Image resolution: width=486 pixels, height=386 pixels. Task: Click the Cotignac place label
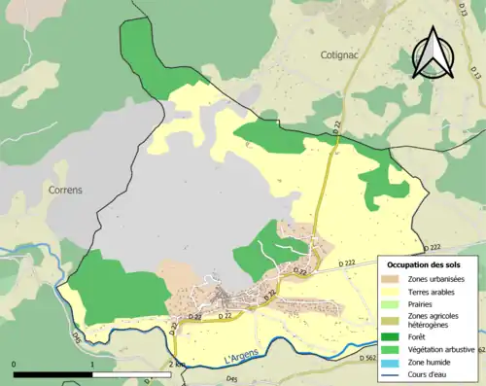tap(340, 55)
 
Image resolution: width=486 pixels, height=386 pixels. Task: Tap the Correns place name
tap(63, 192)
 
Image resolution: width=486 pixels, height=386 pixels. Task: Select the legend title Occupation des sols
tap(424, 264)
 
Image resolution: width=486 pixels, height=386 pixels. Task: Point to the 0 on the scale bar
tap(15, 365)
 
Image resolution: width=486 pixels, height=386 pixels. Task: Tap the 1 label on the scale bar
tap(92, 365)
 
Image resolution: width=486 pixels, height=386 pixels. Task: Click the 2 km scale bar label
tap(175, 365)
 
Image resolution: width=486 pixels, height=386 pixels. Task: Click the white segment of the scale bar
tap(131, 373)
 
